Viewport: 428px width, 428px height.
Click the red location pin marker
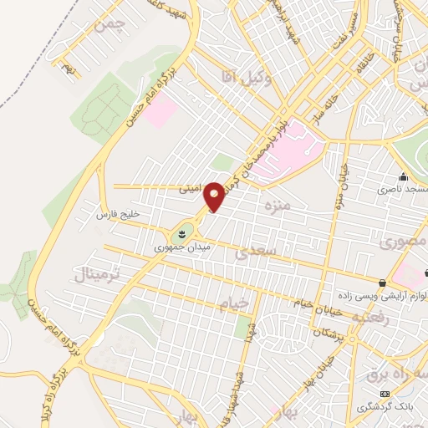pyautogui.click(x=215, y=196)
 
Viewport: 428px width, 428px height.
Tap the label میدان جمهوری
pyautogui.click(x=184, y=247)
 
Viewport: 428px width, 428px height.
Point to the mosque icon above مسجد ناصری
pyautogui.click(x=403, y=177)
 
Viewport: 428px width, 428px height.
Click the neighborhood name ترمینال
pyautogui.click(x=99, y=277)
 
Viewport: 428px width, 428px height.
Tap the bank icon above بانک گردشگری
pyautogui.click(x=385, y=394)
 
